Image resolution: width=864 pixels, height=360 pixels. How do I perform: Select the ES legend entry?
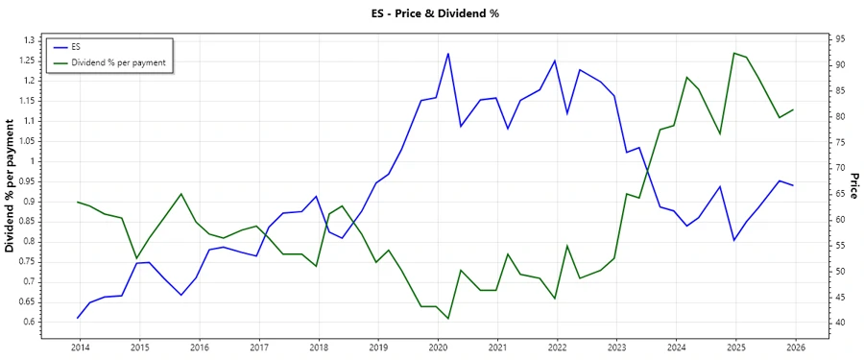click(x=76, y=47)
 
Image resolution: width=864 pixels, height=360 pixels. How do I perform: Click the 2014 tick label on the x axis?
click(x=80, y=347)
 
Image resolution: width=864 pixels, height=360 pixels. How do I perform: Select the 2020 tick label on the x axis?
click(x=438, y=347)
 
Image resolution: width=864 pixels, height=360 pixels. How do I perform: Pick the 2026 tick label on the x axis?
click(x=795, y=347)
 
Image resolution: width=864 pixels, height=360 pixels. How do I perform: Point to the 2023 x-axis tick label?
click(x=616, y=347)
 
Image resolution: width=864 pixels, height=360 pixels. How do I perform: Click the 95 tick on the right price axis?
click(x=840, y=39)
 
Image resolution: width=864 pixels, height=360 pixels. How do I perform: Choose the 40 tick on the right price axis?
click(x=840, y=323)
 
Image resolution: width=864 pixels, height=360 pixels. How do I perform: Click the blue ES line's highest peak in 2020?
click(x=448, y=54)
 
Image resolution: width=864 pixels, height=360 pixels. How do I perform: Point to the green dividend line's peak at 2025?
click(x=734, y=53)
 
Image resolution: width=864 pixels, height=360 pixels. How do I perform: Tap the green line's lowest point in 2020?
click(x=448, y=319)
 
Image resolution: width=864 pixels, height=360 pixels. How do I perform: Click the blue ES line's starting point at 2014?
click(x=78, y=318)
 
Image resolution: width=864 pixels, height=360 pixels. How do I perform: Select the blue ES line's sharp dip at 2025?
click(x=734, y=240)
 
